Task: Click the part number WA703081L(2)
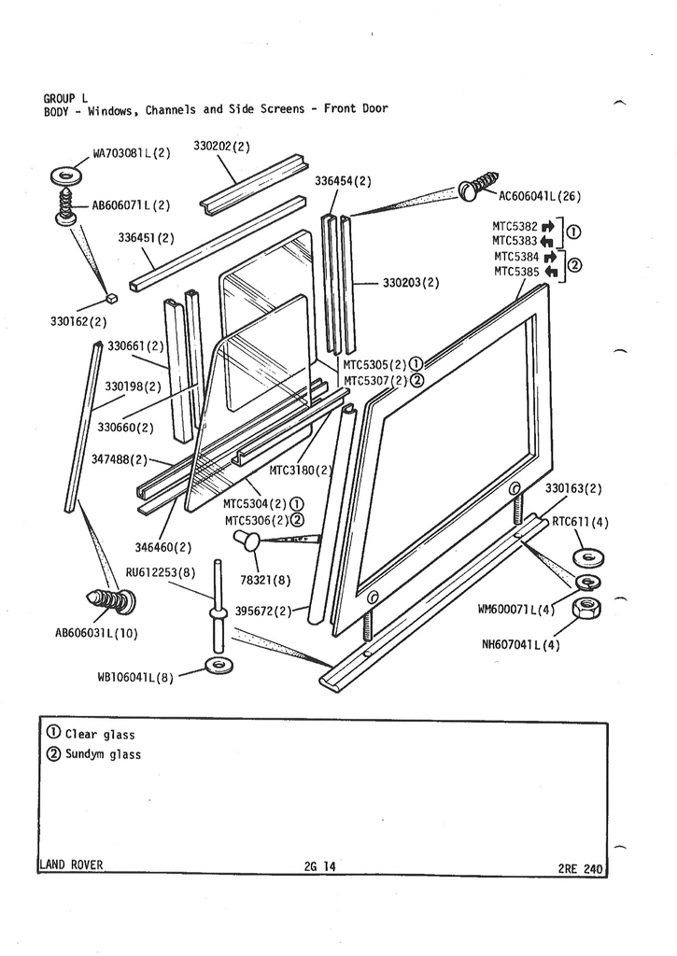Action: point(131,153)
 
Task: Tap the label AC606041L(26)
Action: point(541,196)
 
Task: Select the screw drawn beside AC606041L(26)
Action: point(481,186)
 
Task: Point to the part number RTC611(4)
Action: point(579,522)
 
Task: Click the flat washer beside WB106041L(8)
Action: point(219,665)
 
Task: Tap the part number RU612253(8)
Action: point(161,571)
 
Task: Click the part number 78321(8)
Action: point(264,580)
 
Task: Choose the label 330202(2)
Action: point(221,147)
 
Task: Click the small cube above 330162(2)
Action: point(110,299)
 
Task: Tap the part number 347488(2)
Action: point(120,459)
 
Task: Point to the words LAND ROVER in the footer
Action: point(71,865)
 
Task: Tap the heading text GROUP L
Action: point(65,97)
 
